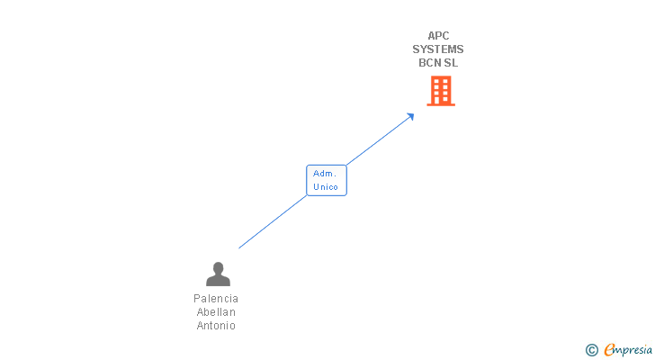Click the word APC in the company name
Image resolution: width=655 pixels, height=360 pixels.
(x=438, y=36)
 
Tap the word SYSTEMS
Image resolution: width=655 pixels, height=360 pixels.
(x=438, y=49)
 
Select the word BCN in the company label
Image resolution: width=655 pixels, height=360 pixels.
(x=429, y=63)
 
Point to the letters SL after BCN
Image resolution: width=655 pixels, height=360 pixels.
(x=451, y=63)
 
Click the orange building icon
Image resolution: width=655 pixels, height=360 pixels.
(x=440, y=91)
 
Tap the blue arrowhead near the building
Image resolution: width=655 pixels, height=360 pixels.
(x=410, y=116)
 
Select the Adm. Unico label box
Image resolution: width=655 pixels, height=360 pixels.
(x=326, y=180)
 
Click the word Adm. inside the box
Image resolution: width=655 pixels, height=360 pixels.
(x=325, y=173)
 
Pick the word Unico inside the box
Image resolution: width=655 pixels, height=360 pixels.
(x=326, y=187)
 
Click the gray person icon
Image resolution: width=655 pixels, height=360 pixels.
(x=218, y=274)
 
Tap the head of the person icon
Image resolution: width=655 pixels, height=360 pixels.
(x=218, y=267)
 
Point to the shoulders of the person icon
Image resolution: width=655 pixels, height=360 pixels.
(x=218, y=281)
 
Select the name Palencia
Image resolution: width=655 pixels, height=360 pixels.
(x=216, y=299)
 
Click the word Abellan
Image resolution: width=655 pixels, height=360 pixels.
(x=216, y=312)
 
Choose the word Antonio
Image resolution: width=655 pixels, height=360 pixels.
(x=216, y=326)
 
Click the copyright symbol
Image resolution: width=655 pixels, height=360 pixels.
(x=591, y=350)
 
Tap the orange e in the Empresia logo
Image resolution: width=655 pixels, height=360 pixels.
(x=609, y=350)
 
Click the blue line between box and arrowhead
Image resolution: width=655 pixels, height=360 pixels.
(x=378, y=141)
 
